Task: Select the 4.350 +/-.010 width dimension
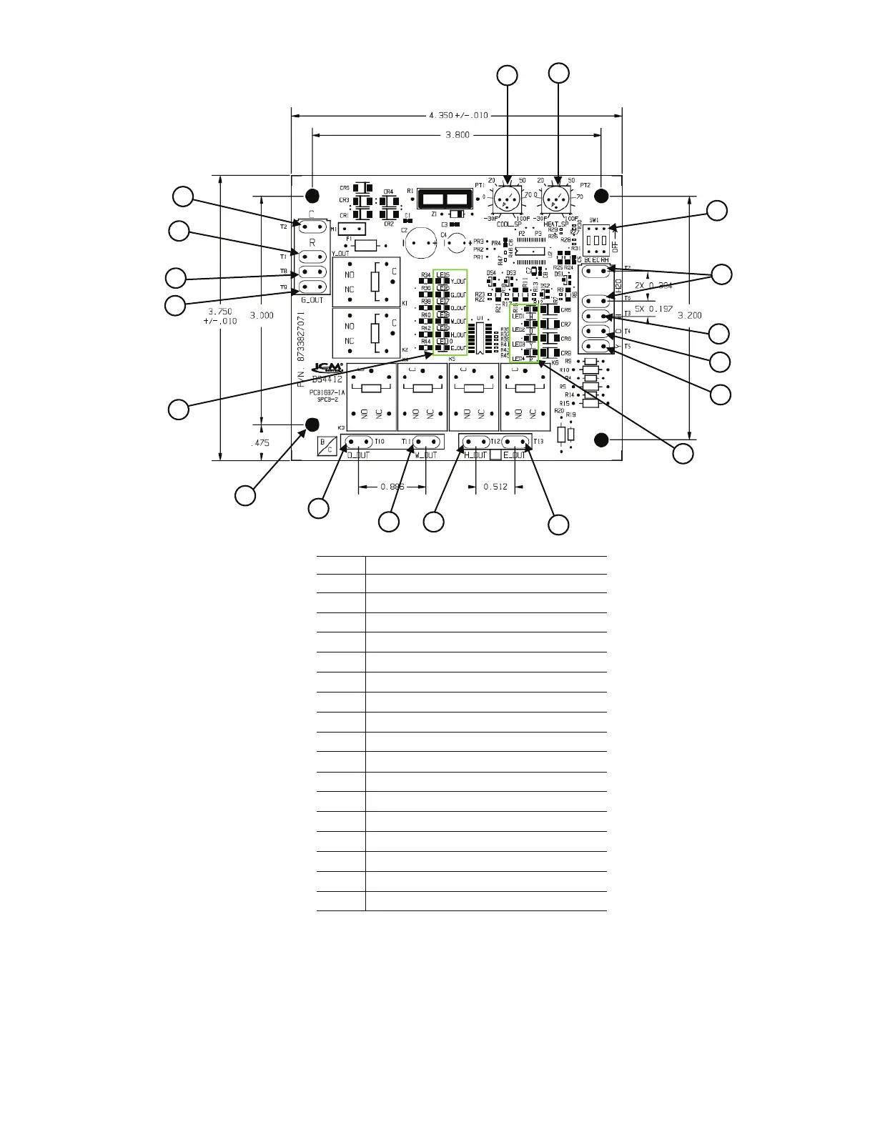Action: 458,115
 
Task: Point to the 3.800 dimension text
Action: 458,134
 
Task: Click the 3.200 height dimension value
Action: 690,314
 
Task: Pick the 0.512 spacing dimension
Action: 495,487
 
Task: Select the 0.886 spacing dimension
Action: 392,487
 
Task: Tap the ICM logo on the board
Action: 328,369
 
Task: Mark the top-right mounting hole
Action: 602,195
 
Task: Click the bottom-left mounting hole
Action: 312,425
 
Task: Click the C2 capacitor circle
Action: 422,243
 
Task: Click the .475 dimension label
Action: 263,443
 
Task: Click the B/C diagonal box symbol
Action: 326,447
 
